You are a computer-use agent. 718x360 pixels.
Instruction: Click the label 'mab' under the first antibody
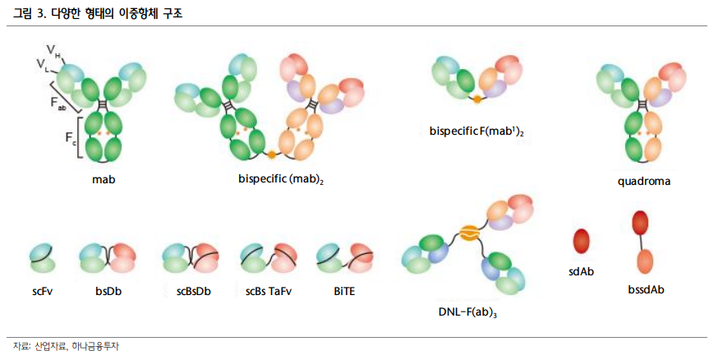(104, 178)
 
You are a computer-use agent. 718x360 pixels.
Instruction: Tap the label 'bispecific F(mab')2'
(476, 131)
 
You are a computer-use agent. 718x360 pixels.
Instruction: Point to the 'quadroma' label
(644, 180)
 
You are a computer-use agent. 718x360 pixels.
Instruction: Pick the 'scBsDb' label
(193, 290)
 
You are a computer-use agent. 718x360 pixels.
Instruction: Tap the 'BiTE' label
(346, 290)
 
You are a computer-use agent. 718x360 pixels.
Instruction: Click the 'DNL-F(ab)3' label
(468, 312)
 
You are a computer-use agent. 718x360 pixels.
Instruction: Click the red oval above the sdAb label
(582, 240)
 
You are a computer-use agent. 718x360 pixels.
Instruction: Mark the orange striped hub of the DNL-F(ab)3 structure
(468, 233)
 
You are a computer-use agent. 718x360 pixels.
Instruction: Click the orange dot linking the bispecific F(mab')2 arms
(476, 99)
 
